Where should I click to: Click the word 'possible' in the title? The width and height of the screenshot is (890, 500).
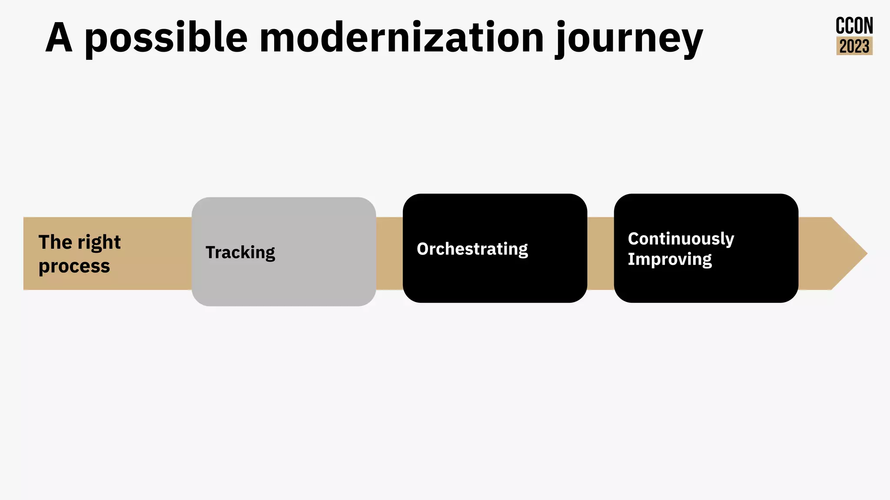click(166, 38)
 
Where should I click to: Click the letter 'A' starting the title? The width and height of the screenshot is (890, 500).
click(59, 38)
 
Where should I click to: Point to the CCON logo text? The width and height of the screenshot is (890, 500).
click(854, 26)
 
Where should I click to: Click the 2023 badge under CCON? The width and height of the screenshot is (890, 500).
click(854, 46)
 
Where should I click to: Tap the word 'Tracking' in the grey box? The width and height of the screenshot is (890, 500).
click(240, 253)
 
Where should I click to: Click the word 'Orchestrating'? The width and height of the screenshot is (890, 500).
click(472, 249)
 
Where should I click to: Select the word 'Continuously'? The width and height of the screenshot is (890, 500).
click(681, 239)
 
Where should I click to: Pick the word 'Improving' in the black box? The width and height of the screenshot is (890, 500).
click(669, 259)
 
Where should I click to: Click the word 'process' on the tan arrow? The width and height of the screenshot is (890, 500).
click(74, 266)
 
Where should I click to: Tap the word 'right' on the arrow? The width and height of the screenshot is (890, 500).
click(99, 243)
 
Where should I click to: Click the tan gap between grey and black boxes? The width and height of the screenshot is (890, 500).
click(389, 253)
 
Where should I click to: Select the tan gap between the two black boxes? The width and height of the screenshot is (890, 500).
click(601, 253)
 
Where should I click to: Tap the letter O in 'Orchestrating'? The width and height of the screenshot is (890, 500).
click(422, 249)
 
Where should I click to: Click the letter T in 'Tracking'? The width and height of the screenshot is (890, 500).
click(211, 252)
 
